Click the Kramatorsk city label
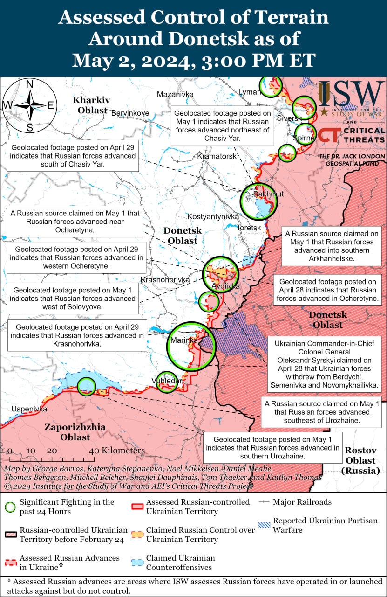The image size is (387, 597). [x=217, y=156]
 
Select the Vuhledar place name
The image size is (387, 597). [x=166, y=381]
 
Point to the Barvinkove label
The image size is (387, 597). [x=130, y=113]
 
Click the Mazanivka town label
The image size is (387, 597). [x=175, y=94]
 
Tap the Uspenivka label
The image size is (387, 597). [x=29, y=409]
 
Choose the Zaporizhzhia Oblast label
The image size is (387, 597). [x=75, y=432]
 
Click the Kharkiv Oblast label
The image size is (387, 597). [x=92, y=105]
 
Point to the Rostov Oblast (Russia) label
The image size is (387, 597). [x=360, y=460]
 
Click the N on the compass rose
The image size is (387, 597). [x=29, y=84]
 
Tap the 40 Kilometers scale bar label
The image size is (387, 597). [x=117, y=451]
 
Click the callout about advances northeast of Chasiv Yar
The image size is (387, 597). [x=223, y=126]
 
